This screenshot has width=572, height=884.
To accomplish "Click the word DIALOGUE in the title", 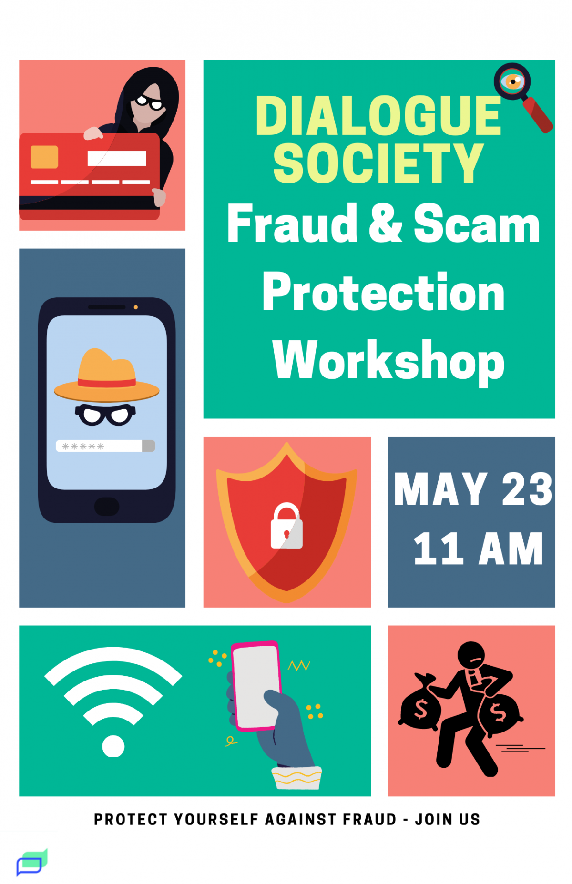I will point(378,116).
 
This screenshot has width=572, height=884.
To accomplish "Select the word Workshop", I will point(388,361).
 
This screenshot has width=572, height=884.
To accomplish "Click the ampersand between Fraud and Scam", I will point(385,223).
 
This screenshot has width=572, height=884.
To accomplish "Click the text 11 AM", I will point(478,549).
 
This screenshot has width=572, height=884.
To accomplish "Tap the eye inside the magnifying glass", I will point(512,81).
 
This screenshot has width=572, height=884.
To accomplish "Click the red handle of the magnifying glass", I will point(538,115).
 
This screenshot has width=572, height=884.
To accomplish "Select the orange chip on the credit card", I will point(44,157).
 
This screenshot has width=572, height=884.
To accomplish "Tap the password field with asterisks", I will point(105,446).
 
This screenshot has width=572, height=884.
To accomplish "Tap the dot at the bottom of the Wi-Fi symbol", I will point(113,746).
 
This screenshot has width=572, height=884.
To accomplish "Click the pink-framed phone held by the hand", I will point(256,685).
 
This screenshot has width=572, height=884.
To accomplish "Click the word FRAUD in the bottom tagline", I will point(369,819).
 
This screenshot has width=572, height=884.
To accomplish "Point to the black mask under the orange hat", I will point(105,414).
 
